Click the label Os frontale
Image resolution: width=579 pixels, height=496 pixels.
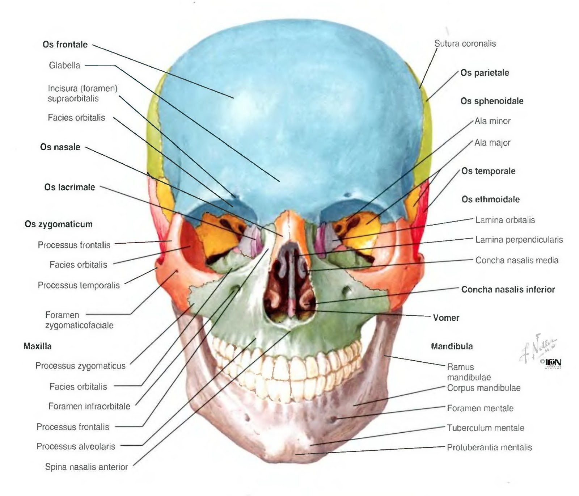(65, 45)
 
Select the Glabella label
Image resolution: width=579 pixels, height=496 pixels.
(64, 66)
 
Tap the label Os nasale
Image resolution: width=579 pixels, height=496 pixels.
(60, 147)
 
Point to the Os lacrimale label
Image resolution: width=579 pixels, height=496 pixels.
(69, 187)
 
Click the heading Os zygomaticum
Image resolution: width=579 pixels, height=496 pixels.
(59, 224)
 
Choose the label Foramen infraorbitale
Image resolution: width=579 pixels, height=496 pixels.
(89, 406)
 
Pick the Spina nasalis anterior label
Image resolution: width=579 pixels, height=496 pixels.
(86, 467)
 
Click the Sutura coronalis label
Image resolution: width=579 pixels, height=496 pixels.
(465, 44)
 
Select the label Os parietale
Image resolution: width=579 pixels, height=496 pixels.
(485, 73)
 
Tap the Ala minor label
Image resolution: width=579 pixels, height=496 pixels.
(492, 121)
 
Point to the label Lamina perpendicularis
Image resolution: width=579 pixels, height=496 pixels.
(519, 240)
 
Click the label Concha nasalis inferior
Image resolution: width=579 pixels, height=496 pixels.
(508, 290)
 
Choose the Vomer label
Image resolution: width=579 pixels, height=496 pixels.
(446, 318)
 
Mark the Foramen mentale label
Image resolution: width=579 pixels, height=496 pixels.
(480, 408)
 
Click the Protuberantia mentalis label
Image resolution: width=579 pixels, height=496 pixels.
(489, 447)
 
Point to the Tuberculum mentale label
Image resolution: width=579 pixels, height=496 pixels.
(485, 428)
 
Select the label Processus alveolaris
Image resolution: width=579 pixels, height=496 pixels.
(76, 446)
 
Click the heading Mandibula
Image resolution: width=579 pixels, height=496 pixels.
(452, 346)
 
